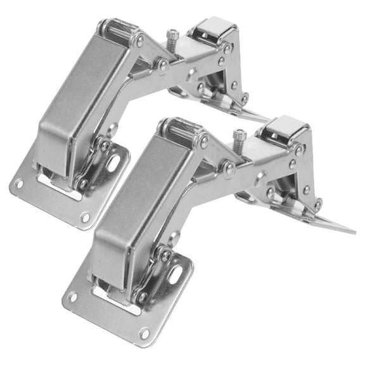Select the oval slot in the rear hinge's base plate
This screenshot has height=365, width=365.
[115, 163]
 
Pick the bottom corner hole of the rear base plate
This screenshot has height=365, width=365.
[84, 217]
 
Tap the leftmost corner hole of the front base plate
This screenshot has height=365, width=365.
[73, 297]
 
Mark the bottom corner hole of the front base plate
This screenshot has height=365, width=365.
[144, 332]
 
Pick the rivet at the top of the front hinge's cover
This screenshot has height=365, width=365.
[203, 140]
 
